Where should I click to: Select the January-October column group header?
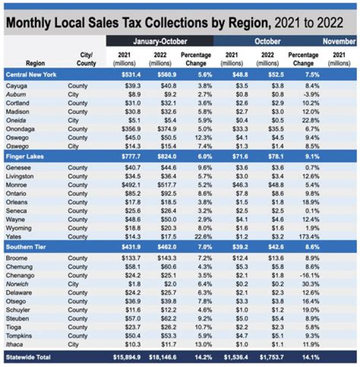[159, 41]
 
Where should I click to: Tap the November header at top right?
[338, 41]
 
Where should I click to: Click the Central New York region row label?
[31, 74]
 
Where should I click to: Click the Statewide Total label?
[28, 356]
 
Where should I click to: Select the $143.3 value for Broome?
[160, 258]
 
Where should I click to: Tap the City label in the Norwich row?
[74, 283]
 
